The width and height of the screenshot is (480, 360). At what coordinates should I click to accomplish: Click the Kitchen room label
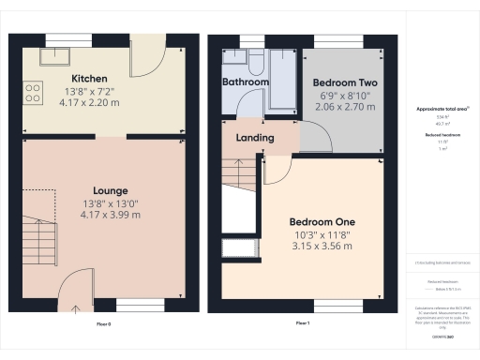[x=90, y=78]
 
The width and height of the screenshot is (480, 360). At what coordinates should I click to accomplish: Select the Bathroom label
[x=246, y=82]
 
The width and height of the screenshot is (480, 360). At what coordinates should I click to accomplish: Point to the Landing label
[x=255, y=138]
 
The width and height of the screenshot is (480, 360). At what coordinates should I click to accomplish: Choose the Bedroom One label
[x=322, y=221]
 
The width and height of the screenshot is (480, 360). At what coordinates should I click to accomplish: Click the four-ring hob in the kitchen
[x=33, y=92]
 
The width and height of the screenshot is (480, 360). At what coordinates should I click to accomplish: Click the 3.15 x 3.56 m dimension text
[x=322, y=247]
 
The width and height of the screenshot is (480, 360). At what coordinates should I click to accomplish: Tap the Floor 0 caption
[x=104, y=323]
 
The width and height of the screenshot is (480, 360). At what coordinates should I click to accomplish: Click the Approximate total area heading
[x=442, y=109]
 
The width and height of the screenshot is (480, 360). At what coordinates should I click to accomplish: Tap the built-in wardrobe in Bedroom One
[x=230, y=248]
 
